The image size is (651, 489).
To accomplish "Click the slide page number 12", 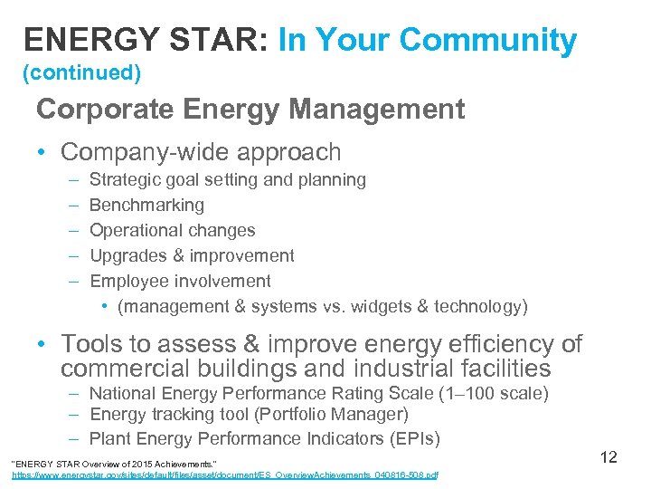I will [x=609, y=456].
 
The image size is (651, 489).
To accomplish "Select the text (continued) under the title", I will [x=81, y=72].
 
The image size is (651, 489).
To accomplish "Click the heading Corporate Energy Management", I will [x=250, y=110].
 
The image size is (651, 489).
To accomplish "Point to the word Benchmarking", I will [x=146, y=205].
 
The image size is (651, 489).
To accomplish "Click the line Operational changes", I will [x=172, y=230].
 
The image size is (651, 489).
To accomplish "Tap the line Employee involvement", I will [x=180, y=281].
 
